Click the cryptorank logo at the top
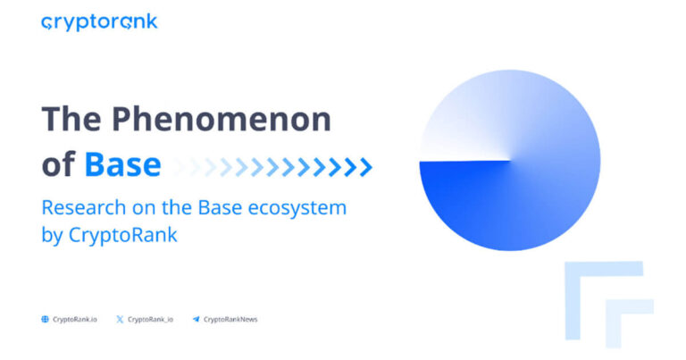[99, 22]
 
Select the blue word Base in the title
[122, 165]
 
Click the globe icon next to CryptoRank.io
[45, 319]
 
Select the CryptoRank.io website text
[75, 319]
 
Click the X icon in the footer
[120, 319]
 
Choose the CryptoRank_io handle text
[152, 319]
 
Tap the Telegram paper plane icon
[196, 319]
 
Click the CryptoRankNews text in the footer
[230, 319]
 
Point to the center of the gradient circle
[510, 161]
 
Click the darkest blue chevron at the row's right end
[365, 166]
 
